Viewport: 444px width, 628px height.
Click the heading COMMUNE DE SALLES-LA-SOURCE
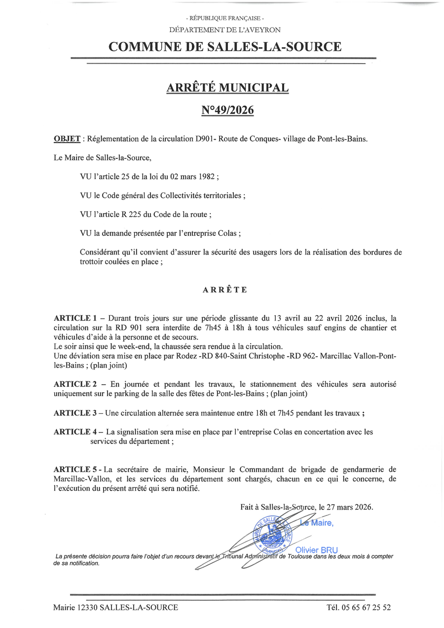point(224,47)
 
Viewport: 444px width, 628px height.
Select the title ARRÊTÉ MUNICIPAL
point(227,88)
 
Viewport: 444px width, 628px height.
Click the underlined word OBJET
point(67,139)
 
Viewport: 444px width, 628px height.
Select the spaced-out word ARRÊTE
point(225,290)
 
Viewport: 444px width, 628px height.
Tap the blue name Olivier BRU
point(316,550)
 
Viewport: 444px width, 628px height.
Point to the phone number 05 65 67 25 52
point(366,607)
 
